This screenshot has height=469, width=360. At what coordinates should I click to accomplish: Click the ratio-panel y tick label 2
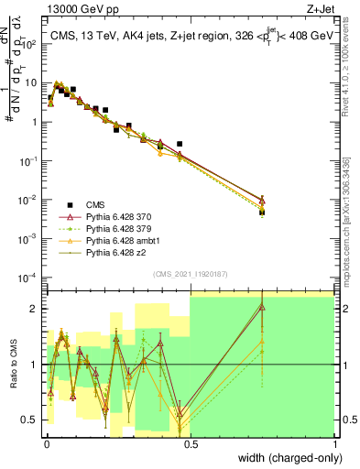click(x=36, y=309)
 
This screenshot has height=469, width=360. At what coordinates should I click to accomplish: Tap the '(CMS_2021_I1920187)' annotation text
click(x=190, y=272)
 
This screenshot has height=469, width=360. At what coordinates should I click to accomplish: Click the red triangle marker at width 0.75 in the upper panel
click(x=263, y=199)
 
